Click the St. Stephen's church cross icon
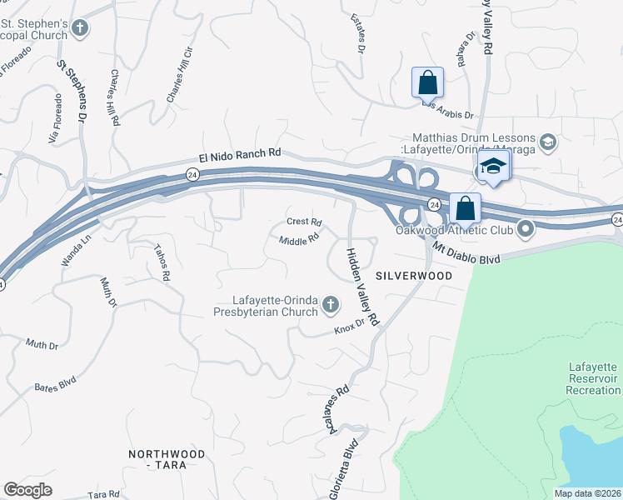click(x=80, y=29)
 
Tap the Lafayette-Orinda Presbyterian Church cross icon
click(x=331, y=305)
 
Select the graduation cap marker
click(x=493, y=166)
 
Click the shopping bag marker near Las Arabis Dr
click(x=427, y=83)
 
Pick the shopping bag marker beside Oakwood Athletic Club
click(x=465, y=208)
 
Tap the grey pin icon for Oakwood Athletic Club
click(x=526, y=227)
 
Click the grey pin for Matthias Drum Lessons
click(x=547, y=142)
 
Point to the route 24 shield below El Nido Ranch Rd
click(x=192, y=173)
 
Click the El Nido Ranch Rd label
click(x=240, y=155)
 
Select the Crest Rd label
click(x=304, y=222)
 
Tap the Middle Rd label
click(x=299, y=240)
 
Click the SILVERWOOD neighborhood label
click(x=413, y=275)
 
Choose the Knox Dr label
click(x=350, y=326)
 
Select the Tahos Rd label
click(x=162, y=262)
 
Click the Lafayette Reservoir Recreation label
click(x=592, y=378)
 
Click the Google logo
click(x=27, y=490)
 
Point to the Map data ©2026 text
click(x=587, y=493)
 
